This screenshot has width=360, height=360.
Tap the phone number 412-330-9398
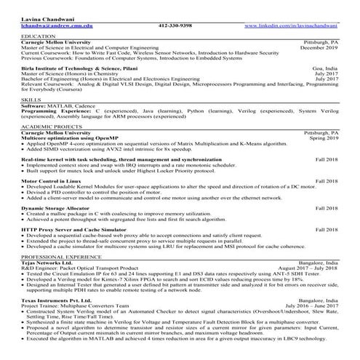tap(175, 25)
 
